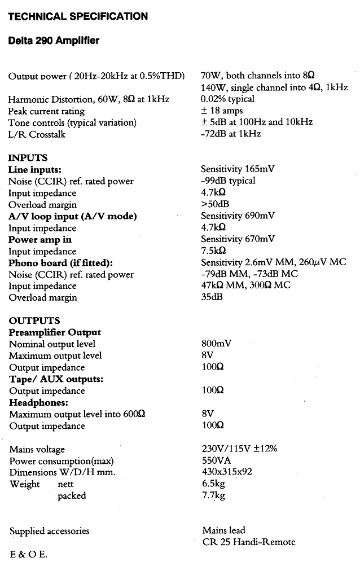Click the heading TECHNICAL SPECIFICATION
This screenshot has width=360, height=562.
click(x=78, y=16)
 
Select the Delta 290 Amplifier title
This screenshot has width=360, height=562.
click(x=54, y=41)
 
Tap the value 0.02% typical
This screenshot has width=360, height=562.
click(x=227, y=99)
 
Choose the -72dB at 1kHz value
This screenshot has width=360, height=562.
click(x=231, y=134)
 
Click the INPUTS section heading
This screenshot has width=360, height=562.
click(x=28, y=158)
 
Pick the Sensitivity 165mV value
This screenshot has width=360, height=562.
click(x=238, y=169)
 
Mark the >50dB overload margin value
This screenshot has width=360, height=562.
click(x=215, y=204)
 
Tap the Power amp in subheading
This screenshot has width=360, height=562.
click(x=40, y=239)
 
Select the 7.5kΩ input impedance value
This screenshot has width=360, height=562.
click(x=213, y=251)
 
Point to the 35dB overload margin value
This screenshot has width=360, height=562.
click(x=212, y=297)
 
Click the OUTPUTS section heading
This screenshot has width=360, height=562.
click(x=34, y=321)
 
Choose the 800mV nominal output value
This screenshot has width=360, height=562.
click(x=216, y=344)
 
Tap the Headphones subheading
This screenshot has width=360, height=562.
click(x=38, y=403)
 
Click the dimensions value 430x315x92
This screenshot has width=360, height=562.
click(x=227, y=472)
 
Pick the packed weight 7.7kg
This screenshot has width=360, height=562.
click(x=213, y=496)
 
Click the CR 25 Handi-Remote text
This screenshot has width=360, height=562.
click(x=248, y=542)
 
